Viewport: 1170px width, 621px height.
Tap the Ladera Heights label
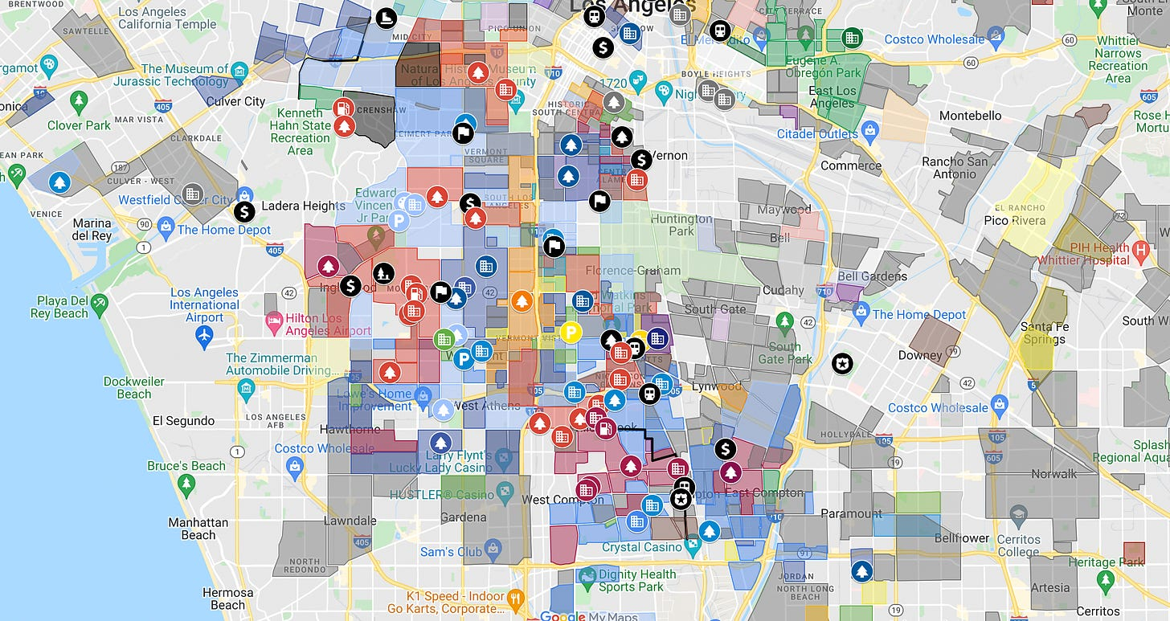303,206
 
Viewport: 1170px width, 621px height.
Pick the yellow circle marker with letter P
570,332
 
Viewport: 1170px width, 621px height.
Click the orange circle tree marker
522,301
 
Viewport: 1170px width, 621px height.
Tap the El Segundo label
184,420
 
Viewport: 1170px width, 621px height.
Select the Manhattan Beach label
198,529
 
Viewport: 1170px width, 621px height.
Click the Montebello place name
970,115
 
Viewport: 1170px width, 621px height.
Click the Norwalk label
1053,473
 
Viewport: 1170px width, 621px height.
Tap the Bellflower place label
962,537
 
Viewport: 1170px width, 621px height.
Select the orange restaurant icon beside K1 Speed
516,597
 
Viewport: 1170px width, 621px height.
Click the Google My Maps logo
590,616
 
